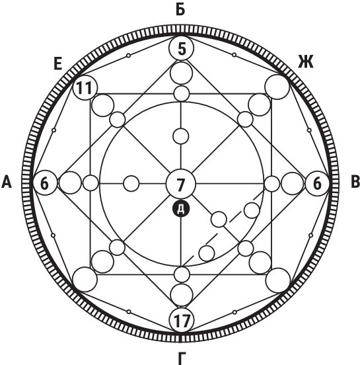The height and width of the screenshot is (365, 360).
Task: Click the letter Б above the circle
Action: pyautogui.click(x=180, y=9)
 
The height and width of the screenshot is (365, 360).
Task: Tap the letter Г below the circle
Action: pyautogui.click(x=182, y=358)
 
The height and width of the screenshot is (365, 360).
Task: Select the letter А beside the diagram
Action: pyautogui.click(x=7, y=182)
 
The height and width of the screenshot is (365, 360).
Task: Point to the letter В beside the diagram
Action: pyautogui.click(x=355, y=182)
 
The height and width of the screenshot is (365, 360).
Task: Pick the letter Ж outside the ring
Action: pyautogui.click(x=306, y=62)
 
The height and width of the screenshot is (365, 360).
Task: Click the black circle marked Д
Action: pyautogui.click(x=181, y=209)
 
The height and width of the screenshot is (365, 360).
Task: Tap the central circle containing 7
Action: pyautogui.click(x=181, y=184)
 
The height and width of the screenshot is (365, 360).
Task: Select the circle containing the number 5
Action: pyautogui.click(x=181, y=48)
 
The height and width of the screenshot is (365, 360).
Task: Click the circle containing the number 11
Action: pyautogui.click(x=85, y=88)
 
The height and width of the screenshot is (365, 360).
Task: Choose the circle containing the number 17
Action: pyautogui.click(x=182, y=319)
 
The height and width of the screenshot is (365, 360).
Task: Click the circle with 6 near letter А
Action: pyautogui.click(x=45, y=182)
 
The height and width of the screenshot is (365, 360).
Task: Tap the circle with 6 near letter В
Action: pyautogui.click(x=317, y=183)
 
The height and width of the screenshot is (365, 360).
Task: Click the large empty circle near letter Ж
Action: pyautogui.click(x=277, y=87)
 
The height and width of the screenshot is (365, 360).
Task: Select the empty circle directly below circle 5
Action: pyautogui.click(x=182, y=73)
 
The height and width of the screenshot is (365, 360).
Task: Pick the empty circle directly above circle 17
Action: pyautogui.click(x=182, y=295)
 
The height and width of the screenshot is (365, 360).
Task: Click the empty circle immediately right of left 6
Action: pyautogui.click(x=70, y=182)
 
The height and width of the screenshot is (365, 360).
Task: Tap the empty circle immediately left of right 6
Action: pyautogui.click(x=293, y=183)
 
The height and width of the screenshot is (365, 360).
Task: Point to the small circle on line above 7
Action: pyautogui.click(x=181, y=136)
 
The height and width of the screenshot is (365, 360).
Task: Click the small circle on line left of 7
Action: pyautogui.click(x=131, y=183)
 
